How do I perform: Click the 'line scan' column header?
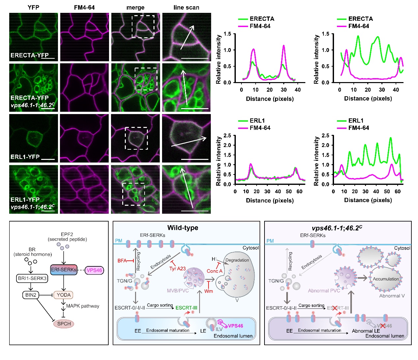pos(186,7)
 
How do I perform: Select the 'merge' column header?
pos(135,7)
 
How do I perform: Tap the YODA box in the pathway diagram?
pos(64,295)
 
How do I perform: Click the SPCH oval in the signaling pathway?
pos(64,323)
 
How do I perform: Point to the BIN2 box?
pos(31,295)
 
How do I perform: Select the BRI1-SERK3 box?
pos(32,278)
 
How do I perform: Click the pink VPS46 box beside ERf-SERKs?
pos(94,270)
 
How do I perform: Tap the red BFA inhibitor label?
pos(122,260)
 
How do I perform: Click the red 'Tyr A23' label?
pos(177,269)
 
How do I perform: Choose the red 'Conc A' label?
pos(214,271)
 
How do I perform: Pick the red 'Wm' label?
pos(209,291)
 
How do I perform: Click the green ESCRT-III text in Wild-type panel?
pos(186,308)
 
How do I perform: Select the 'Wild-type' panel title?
pos(182,228)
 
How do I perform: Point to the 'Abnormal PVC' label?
pos(324,290)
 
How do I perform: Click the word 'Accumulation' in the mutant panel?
pos(386,279)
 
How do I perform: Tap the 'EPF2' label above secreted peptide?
pos(67,234)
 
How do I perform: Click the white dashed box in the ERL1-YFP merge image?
pos(136,138)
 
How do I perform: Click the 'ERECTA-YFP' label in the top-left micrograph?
pos(29,55)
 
